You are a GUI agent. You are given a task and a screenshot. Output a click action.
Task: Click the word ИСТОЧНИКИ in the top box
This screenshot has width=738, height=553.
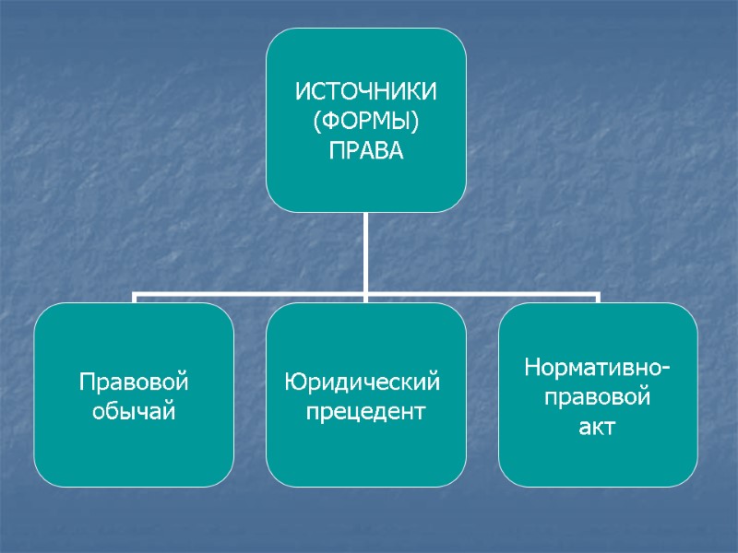pyautogui.click(x=366, y=92)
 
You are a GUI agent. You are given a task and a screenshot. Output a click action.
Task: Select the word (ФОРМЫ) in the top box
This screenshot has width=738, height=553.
pyautogui.click(x=366, y=121)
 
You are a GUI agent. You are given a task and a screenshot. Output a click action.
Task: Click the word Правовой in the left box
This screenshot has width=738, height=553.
pyautogui.click(x=134, y=382)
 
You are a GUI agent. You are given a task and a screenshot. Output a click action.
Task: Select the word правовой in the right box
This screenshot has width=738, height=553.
pyautogui.click(x=598, y=398)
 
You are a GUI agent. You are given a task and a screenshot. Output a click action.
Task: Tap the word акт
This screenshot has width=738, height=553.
pyautogui.click(x=598, y=427)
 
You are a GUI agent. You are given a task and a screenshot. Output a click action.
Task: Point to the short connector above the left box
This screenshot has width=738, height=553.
pyautogui.click(x=135, y=300)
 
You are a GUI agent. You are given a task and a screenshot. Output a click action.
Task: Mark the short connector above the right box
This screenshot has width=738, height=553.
pyautogui.click(x=598, y=300)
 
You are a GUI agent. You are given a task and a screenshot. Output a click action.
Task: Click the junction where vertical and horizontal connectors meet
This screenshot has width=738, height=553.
pyautogui.click(x=366, y=296)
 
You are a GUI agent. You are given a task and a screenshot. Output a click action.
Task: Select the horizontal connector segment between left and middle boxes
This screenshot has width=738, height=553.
pyautogui.click(x=249, y=296)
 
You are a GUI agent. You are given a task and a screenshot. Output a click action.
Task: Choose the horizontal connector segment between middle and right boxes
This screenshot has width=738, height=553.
pyautogui.click(x=482, y=296)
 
